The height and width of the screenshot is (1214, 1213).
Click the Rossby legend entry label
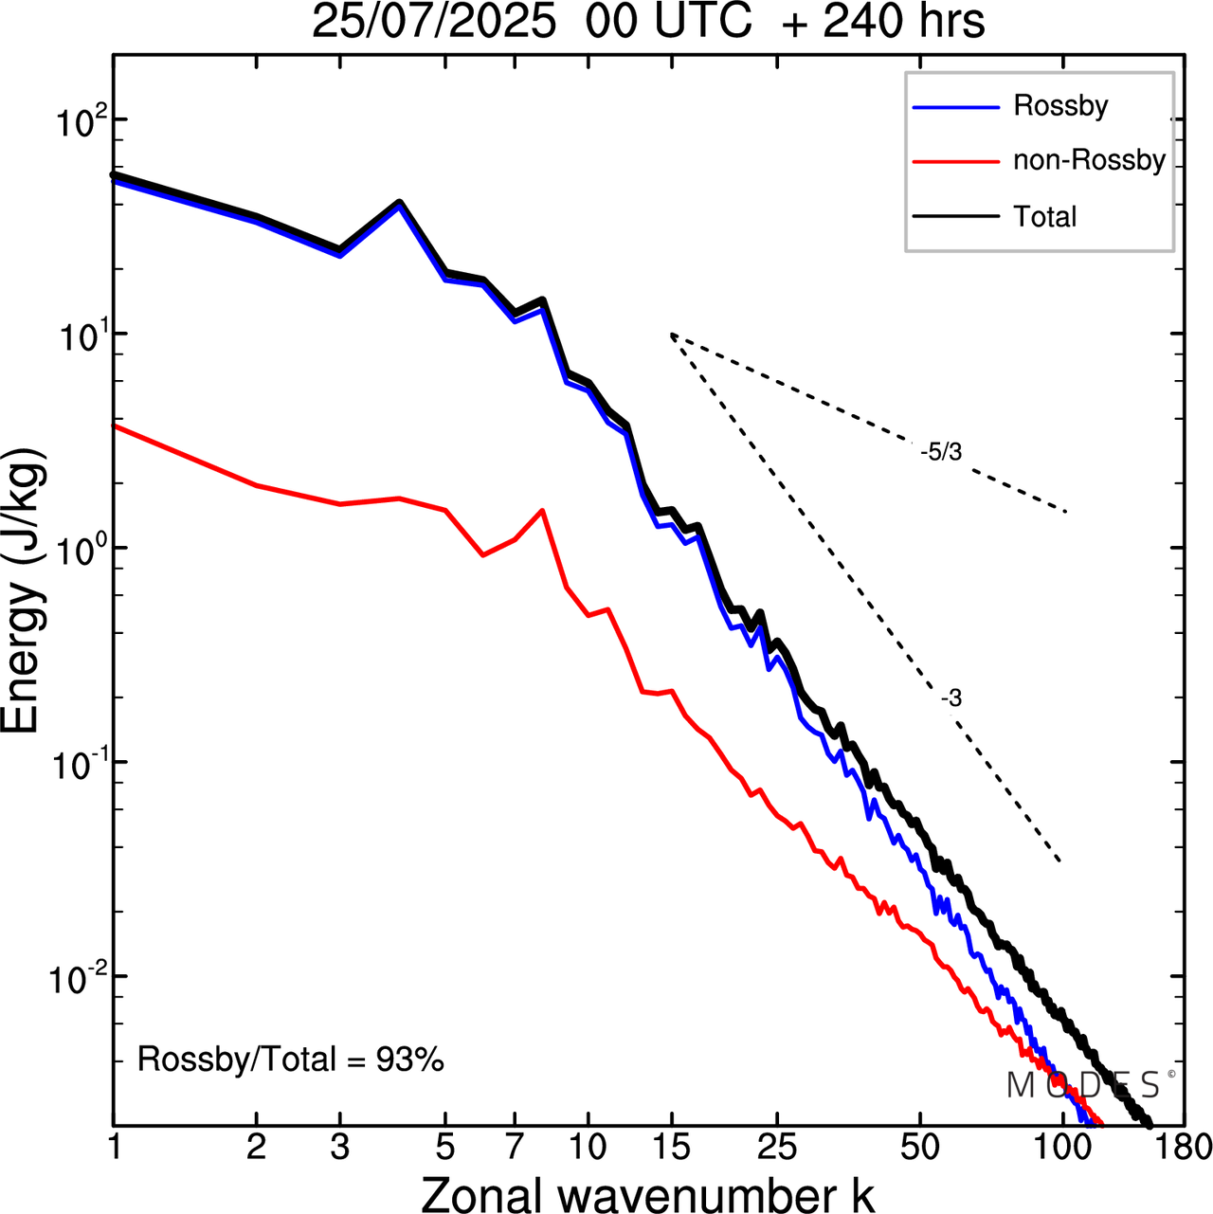pos(1060,105)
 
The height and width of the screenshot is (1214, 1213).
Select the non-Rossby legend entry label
pos(1089,160)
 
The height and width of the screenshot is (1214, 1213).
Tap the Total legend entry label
pos(1045,217)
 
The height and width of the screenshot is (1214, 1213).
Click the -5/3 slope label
pos(941,453)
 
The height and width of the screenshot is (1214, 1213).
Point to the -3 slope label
pos(951,699)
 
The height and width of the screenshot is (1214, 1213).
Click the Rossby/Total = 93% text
pos(291,1059)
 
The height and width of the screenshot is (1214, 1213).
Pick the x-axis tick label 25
pos(776,1148)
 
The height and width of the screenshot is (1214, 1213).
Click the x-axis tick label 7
pos(514,1148)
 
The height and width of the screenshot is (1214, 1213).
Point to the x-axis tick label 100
pos(1062,1148)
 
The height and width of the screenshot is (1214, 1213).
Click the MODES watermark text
pos(1083,1085)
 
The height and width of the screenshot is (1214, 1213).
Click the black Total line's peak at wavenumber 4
pos(399,202)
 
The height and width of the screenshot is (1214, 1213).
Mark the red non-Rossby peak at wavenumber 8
pos(541,511)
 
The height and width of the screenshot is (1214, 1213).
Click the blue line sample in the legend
pos(955,107)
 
